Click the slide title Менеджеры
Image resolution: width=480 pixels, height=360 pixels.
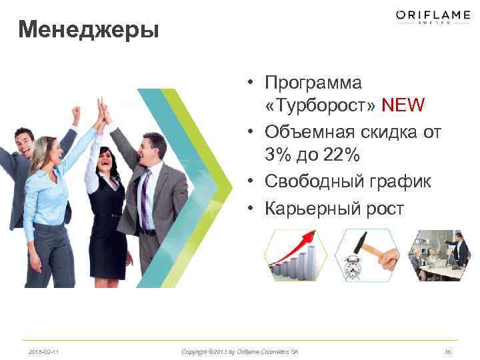click(89, 29)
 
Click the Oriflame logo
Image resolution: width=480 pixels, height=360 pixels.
click(433, 17)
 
